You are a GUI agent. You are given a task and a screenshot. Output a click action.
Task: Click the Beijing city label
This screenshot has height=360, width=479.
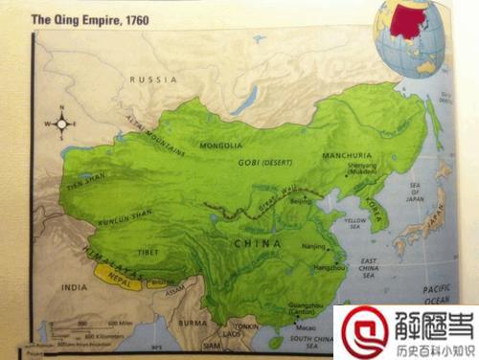(300, 203)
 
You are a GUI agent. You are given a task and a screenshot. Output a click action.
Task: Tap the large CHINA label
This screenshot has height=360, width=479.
(256, 246)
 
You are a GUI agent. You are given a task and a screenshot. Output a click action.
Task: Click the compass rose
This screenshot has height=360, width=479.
(61, 123)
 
